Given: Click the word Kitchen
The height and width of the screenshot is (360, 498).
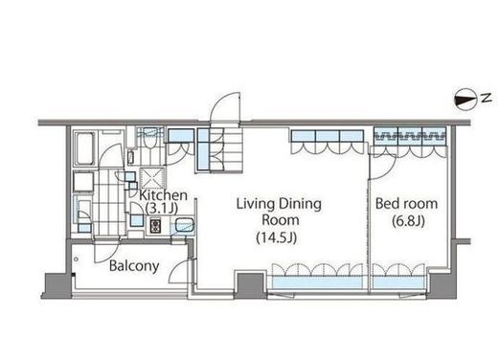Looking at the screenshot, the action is tap(163, 195).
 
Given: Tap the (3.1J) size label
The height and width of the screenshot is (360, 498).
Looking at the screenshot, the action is tap(161, 209).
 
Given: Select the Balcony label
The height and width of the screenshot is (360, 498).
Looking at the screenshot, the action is tap(134, 266).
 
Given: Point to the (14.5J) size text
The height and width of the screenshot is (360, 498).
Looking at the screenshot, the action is tap(277, 237).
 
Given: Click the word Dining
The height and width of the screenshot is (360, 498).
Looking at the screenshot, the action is tap(300, 204).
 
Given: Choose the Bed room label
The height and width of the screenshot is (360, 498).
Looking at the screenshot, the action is tap(406, 204).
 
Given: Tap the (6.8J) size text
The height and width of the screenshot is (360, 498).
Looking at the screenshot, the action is tap(408, 221).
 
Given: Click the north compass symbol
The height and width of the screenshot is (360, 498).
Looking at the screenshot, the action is tap(464, 100).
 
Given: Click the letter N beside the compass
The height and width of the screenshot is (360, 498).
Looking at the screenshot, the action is tap(487, 98).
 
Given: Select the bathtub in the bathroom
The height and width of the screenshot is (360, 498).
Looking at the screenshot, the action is tap(85, 148).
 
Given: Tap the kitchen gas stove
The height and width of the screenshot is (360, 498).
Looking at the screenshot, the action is tap(155, 226).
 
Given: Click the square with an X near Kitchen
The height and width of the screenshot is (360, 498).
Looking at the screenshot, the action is tap(152, 179).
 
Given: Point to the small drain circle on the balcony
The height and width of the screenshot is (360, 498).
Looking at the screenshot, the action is tap(76, 259).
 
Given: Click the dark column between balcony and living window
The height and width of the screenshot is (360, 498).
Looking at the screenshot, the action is tap(250, 285).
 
